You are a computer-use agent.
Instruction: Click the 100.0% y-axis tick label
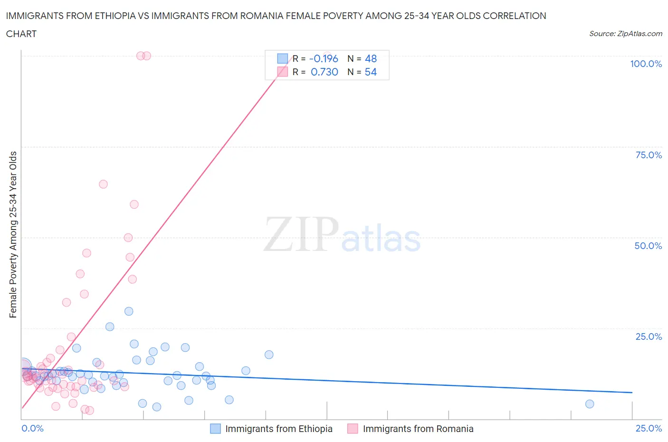pos(646,64)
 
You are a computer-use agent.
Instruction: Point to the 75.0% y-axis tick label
pos(649,155)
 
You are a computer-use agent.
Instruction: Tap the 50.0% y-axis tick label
pos(648,246)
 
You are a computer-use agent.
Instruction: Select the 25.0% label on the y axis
pos(649,336)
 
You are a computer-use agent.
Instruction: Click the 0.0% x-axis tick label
pos(32,428)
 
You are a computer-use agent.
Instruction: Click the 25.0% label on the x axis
pos(649,428)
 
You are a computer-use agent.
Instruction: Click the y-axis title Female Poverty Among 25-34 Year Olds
pos(13,234)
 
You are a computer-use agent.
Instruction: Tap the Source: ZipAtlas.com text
pos(625,34)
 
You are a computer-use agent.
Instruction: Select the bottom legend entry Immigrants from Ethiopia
pos(278,429)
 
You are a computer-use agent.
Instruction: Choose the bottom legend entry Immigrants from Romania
pos(418,429)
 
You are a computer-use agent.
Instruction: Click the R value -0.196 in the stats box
pos(324,58)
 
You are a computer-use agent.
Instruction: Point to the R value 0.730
pos(324,72)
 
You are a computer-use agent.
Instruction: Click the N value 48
pos(371,58)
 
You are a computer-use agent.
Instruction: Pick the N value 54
pos(371,72)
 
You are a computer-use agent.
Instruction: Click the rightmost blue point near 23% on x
pos(590,404)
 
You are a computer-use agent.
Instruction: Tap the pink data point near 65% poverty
pos(103,184)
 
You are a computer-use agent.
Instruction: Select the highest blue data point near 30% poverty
pos(129,311)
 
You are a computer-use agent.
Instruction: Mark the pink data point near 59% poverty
pos(134,204)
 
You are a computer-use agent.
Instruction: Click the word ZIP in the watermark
pos(301,234)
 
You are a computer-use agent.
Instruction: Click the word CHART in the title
pos(21,34)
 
